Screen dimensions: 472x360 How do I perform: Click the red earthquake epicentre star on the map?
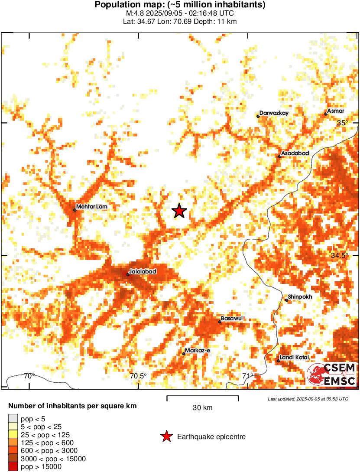[x=179, y=211]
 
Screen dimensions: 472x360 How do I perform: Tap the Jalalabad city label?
[x=143, y=271]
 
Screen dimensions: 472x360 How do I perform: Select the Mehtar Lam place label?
[x=91, y=207]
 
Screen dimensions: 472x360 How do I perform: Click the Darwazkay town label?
[x=274, y=113]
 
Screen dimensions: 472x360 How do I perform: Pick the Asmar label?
[x=336, y=111]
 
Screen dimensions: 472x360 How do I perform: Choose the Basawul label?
[x=231, y=319]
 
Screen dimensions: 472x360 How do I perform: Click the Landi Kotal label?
[x=294, y=357]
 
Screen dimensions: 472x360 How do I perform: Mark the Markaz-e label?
[x=197, y=350]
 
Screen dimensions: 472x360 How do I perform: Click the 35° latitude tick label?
[x=343, y=123]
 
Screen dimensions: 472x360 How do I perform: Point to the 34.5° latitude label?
[x=339, y=256]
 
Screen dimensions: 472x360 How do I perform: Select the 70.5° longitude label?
[x=139, y=376]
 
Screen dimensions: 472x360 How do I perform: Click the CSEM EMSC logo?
[x=331, y=374]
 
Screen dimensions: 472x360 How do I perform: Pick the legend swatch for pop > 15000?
[x=13, y=467]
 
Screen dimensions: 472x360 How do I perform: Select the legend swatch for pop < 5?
[x=13, y=418]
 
